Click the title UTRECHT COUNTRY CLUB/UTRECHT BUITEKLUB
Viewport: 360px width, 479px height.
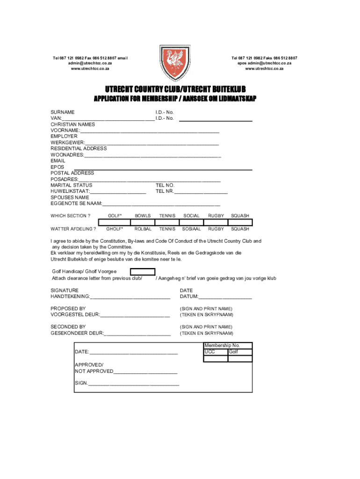(x=175, y=89)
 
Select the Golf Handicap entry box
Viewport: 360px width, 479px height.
(x=143, y=272)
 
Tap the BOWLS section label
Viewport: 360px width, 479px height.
(x=143, y=216)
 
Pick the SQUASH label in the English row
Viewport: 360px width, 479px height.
(x=240, y=216)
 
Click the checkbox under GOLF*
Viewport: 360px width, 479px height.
(x=115, y=222)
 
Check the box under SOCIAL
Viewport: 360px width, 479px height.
(x=191, y=222)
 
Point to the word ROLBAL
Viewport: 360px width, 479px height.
(x=143, y=229)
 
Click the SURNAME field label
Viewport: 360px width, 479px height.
(x=63, y=112)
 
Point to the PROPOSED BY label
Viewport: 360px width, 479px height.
(x=68, y=308)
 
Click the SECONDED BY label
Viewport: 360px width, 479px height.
(x=68, y=327)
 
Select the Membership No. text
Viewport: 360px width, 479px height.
(x=222, y=346)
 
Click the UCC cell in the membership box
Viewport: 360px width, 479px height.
(x=210, y=352)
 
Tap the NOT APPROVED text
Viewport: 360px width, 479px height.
(x=94, y=371)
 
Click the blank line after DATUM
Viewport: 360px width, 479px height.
(x=225, y=297)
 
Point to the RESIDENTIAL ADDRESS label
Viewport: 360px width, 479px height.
(x=79, y=148)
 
